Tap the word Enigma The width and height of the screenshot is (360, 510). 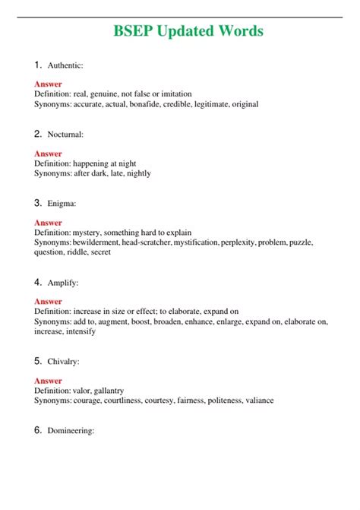point(61,204)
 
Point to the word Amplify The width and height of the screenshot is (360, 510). point(62,283)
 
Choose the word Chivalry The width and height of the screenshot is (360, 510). point(63,362)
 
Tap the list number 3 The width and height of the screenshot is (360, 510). point(38,203)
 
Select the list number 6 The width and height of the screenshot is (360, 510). point(38,430)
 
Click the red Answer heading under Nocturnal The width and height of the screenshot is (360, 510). point(48,154)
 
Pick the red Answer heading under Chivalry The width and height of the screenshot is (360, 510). point(48,381)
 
